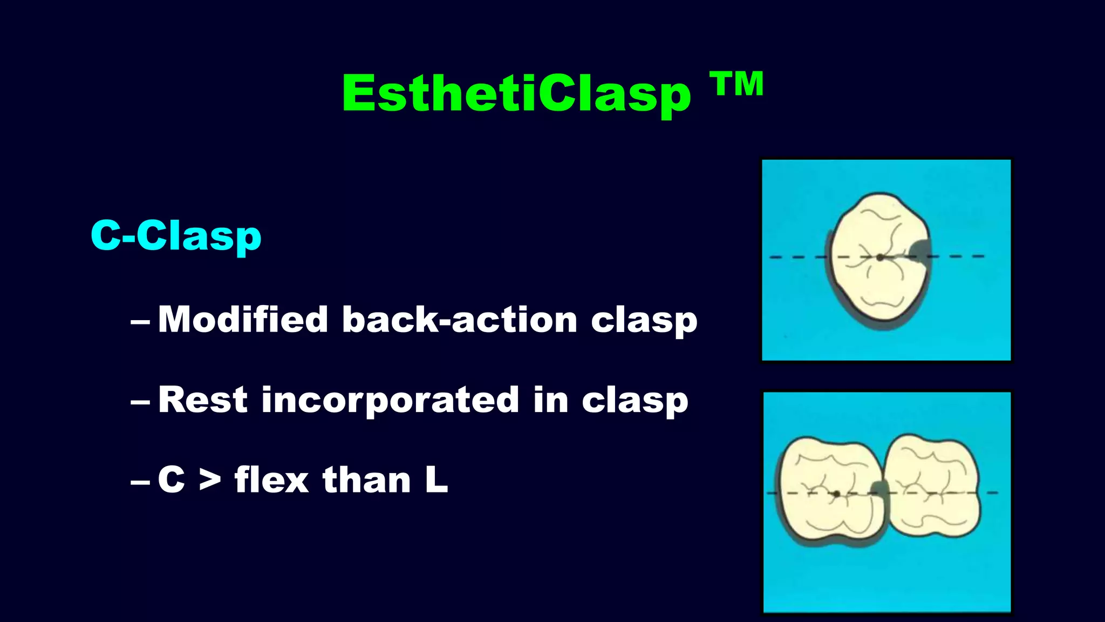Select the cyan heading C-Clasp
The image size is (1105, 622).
176,236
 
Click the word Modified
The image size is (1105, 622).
243,319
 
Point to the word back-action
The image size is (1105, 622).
460,319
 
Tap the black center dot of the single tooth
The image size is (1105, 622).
880,258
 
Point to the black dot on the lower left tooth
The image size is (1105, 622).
836,493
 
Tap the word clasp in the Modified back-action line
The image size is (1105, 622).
644,320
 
